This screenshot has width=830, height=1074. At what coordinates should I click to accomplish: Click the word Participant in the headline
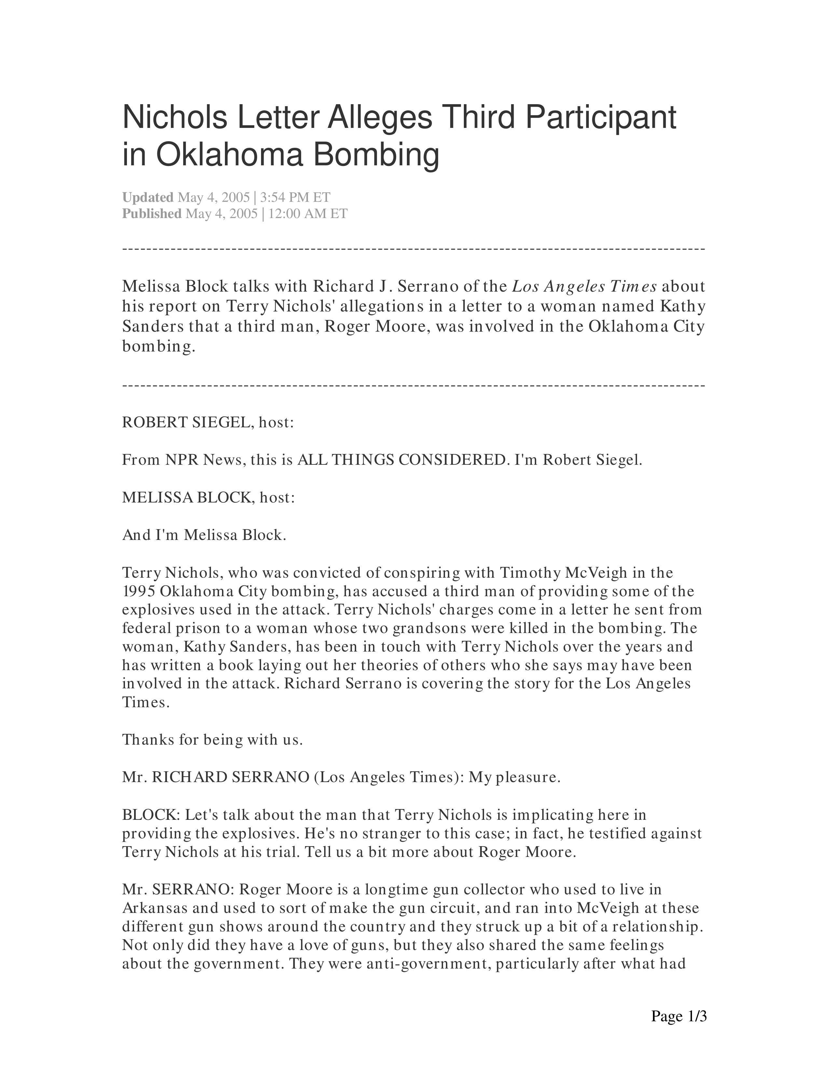coord(601,118)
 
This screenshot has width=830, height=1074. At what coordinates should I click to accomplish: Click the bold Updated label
coord(147,197)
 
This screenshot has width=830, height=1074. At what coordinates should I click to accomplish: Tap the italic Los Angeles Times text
coord(584,286)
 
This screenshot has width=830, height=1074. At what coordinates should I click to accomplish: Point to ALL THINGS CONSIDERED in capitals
coord(401,460)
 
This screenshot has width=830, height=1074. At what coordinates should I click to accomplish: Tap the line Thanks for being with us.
coord(212,740)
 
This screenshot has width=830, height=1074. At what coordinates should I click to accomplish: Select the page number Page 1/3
coord(679,1016)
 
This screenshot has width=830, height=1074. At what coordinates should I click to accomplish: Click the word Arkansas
coord(155,908)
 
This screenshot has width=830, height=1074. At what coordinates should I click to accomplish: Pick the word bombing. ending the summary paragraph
coord(158,347)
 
